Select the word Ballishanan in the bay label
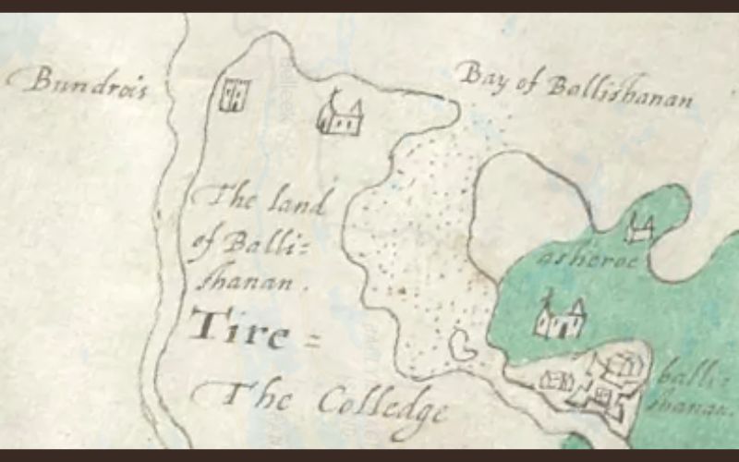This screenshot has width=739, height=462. pyautogui.click(x=617, y=92)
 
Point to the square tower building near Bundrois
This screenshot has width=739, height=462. pyautogui.click(x=234, y=94)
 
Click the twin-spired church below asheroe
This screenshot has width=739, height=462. pyautogui.click(x=560, y=316)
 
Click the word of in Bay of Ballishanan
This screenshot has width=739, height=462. pyautogui.click(x=524, y=81)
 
